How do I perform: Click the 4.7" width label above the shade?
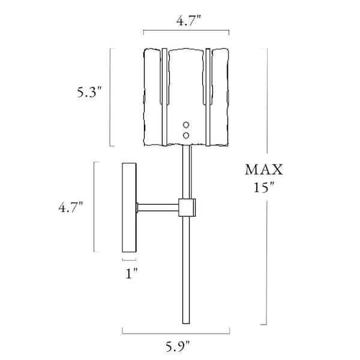click(x=188, y=21)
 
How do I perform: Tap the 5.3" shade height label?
click(x=89, y=92)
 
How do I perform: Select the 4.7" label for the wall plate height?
click(x=70, y=208)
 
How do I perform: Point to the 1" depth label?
click(x=131, y=273)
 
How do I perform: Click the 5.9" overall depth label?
click(x=178, y=346)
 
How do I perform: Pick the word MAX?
click(x=264, y=170)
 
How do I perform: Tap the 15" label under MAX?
click(x=264, y=187)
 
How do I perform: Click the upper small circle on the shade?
click(x=186, y=125)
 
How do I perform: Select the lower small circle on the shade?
click(x=186, y=136)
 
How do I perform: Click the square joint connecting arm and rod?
click(x=187, y=208)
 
